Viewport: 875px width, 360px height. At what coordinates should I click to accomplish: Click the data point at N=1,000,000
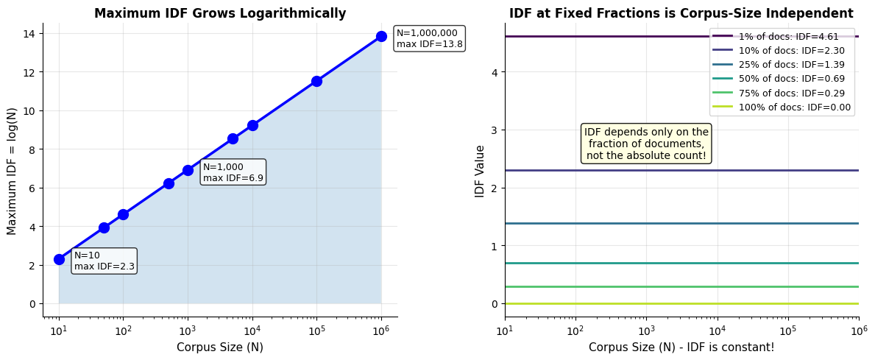click(x=381, y=36)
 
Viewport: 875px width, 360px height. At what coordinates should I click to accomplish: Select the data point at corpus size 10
click(x=59, y=259)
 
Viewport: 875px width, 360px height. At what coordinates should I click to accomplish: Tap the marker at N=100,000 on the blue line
click(x=316, y=81)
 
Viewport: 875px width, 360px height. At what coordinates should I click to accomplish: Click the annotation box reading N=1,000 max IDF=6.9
click(x=233, y=172)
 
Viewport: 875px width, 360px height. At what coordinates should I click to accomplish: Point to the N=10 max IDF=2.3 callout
click(x=104, y=261)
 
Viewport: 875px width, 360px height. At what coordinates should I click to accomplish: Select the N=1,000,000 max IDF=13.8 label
click(x=429, y=38)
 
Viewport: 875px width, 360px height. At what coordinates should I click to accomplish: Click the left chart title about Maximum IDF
click(x=220, y=13)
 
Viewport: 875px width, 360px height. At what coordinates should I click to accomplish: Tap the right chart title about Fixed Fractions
click(x=681, y=13)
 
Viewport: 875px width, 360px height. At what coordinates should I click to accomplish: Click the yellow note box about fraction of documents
click(x=646, y=144)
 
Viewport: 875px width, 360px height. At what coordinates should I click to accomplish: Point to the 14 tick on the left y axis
click(x=32, y=33)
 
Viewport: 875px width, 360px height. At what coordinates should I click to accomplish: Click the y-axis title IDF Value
click(x=481, y=171)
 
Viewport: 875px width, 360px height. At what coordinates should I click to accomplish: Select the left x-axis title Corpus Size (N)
click(x=220, y=347)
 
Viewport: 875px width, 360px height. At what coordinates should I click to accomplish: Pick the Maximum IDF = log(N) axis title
click(x=13, y=171)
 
